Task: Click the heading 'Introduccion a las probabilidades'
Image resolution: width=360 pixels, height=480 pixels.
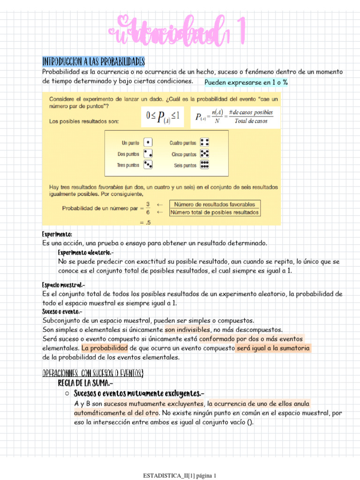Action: tap(93, 62)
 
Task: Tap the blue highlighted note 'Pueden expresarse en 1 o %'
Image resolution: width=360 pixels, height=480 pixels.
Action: tap(246, 82)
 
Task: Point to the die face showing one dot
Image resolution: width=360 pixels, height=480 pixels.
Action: tap(148, 142)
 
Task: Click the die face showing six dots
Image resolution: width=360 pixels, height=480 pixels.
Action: tap(204, 165)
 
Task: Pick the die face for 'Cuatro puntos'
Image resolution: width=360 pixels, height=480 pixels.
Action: tap(204, 142)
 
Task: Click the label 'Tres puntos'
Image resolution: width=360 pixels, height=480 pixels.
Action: tap(128, 165)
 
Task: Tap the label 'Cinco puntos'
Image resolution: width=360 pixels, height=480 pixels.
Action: tap(183, 154)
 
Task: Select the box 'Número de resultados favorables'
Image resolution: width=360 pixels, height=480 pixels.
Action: tap(215, 204)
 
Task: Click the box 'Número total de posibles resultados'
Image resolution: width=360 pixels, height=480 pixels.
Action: tap(215, 212)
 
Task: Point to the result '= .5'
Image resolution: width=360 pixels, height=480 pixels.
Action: tap(145, 223)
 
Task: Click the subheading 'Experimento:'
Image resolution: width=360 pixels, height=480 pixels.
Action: tap(57, 234)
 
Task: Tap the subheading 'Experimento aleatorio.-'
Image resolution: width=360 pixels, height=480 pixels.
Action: tap(86, 253)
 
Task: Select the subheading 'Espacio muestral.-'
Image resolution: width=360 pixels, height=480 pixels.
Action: tap(63, 285)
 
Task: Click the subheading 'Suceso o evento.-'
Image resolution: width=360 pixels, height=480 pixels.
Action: tap(62, 312)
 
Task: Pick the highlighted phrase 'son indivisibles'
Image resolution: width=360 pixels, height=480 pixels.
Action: tap(187, 330)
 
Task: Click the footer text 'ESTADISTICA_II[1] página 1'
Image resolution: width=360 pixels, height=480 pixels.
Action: tap(180, 476)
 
